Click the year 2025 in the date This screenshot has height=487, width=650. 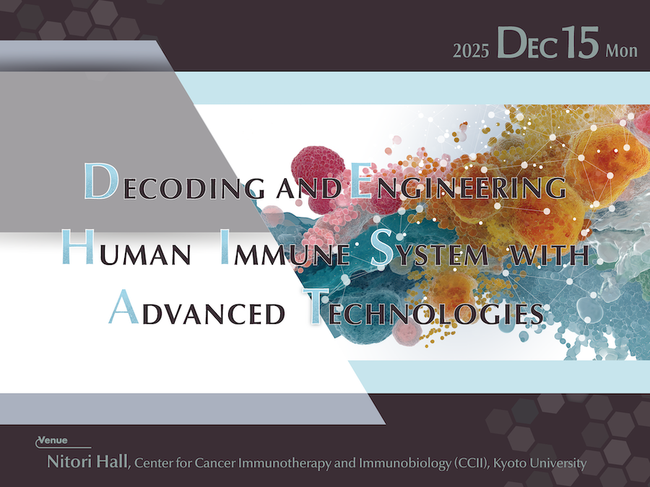coord(471,51)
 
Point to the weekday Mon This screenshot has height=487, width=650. coord(621,51)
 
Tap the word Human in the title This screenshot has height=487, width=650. coord(126,247)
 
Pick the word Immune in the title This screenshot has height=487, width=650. coord(285,247)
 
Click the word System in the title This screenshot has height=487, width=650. coord(430,247)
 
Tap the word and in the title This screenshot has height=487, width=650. coord(309,189)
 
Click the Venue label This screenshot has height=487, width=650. coord(53,440)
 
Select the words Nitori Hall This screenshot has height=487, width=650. coord(87,461)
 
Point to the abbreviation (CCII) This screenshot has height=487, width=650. coord(471,462)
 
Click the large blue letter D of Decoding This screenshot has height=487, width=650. coord(100,181)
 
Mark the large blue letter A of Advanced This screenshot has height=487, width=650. coord(123,307)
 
